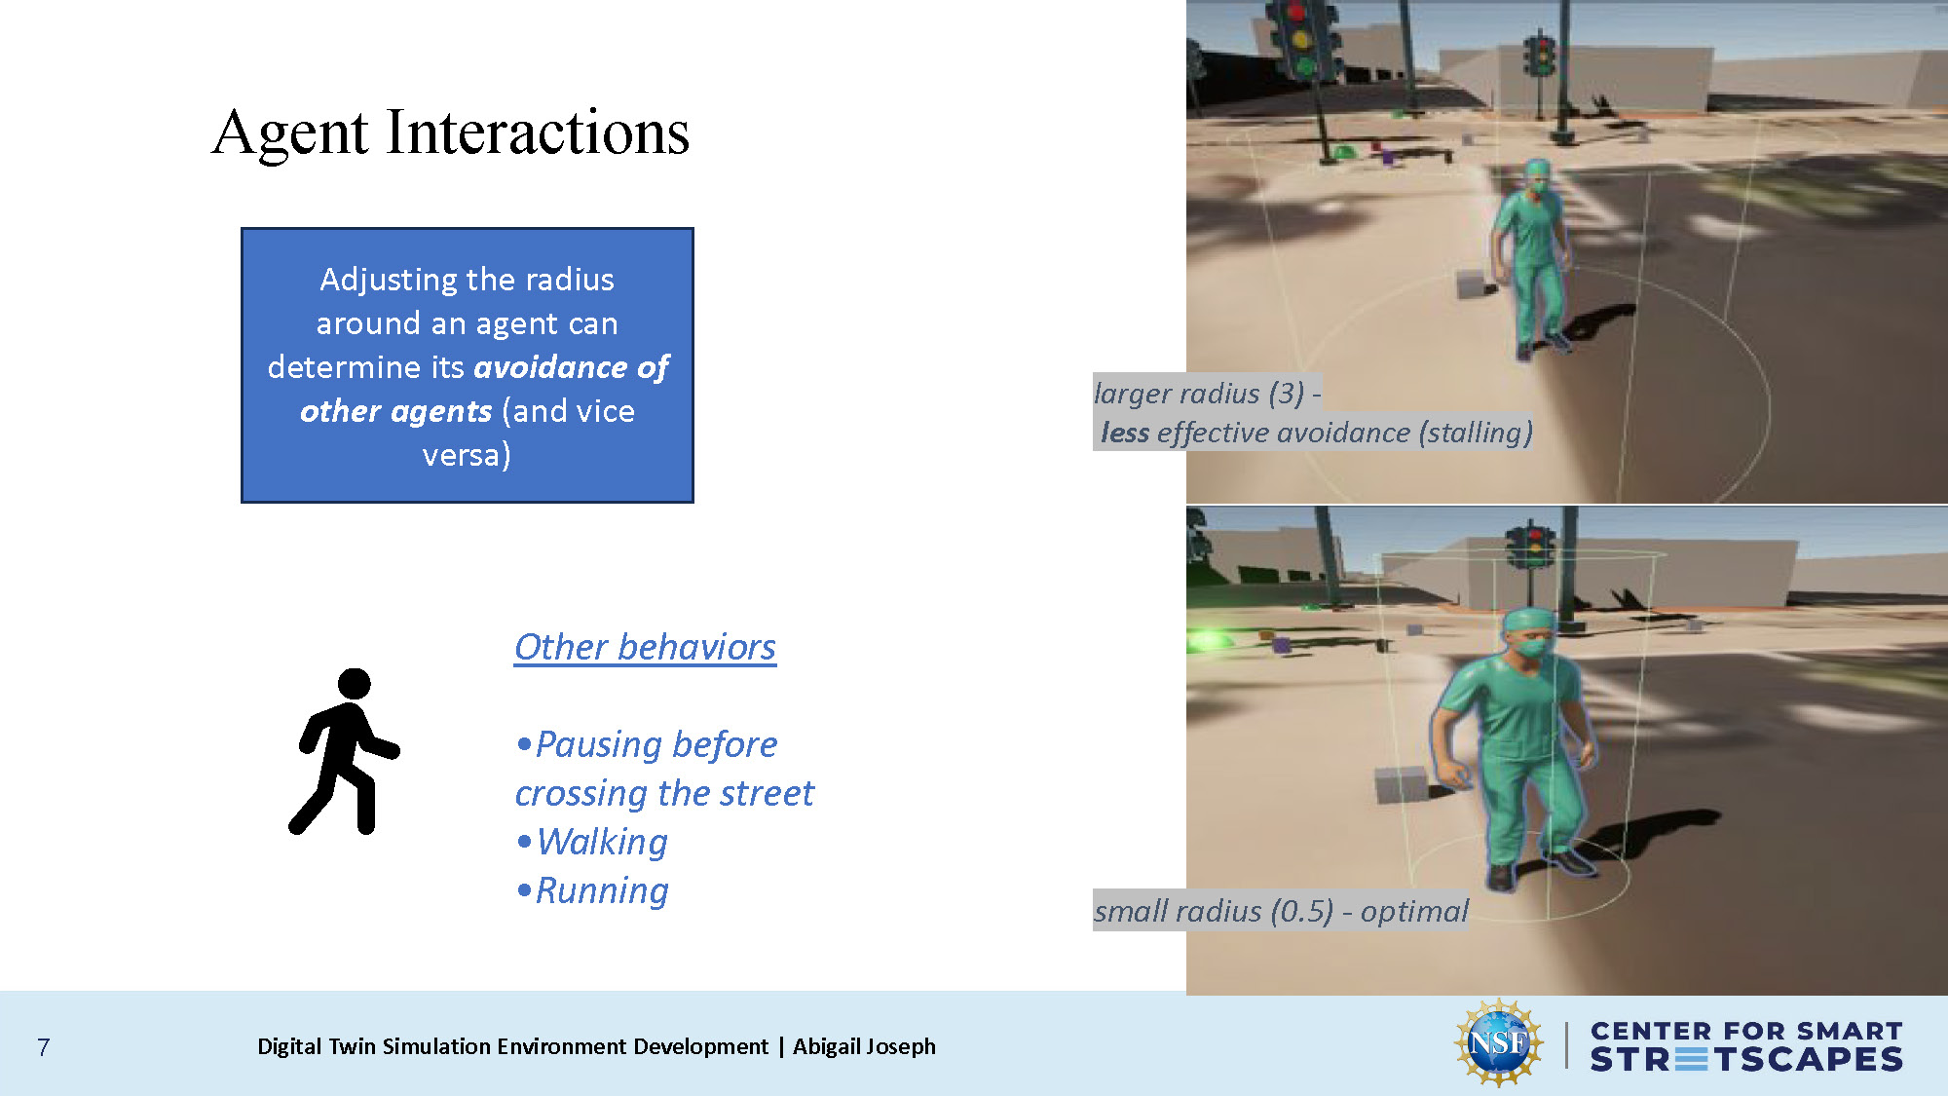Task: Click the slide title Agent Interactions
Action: pos(450,132)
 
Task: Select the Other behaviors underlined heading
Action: pos(645,647)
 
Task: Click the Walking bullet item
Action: pos(602,842)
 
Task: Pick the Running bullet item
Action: pos(602,890)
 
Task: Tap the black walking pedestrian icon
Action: pos(343,751)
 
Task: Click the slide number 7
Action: pos(43,1047)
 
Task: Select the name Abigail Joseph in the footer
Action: pos(864,1046)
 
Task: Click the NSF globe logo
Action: pos(1499,1043)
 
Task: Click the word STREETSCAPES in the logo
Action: pos(1745,1060)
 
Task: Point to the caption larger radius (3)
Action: pos(1206,394)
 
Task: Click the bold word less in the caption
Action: pos(1125,433)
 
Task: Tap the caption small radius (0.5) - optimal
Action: pos(1280,911)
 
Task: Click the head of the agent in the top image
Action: pos(1537,175)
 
